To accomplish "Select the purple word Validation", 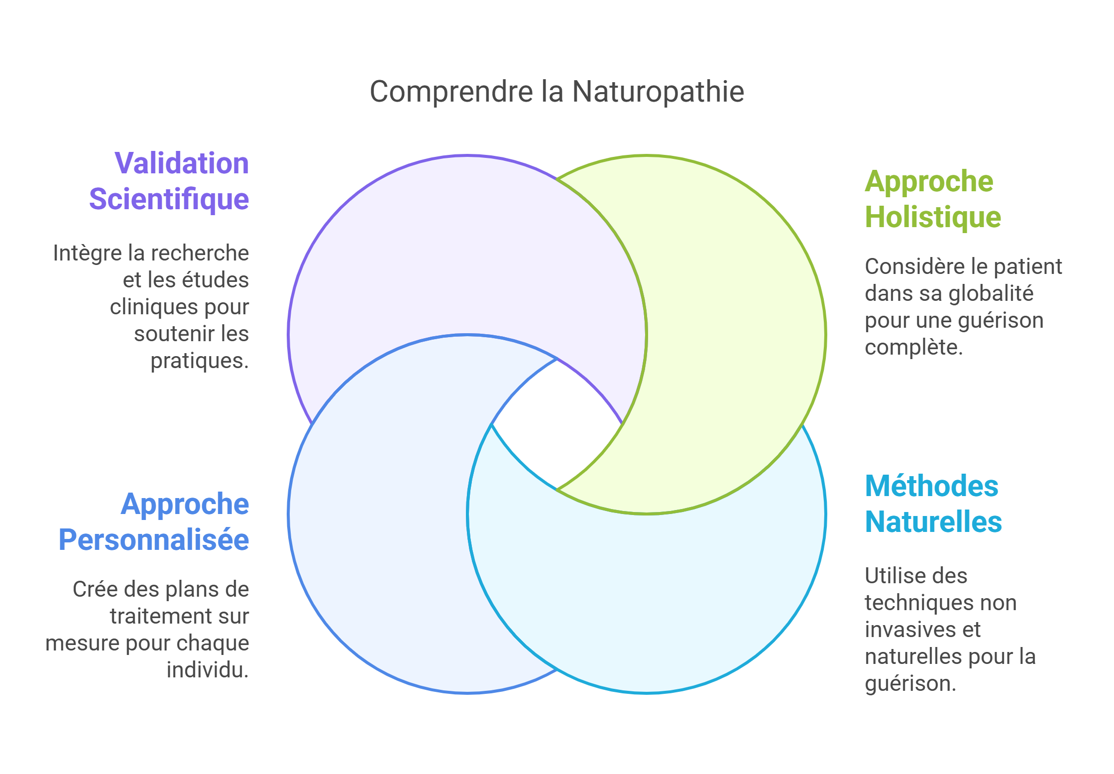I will click(182, 163).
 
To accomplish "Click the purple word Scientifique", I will click(169, 199).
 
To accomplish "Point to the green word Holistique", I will click(932, 217).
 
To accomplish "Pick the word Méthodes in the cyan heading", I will click(931, 486).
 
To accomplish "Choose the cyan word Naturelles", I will click(933, 522).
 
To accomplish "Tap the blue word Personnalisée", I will click(153, 540).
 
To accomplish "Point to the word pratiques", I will click(199, 361).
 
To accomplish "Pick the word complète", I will click(913, 348).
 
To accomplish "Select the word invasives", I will click(905, 630).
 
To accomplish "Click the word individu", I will click(207, 670).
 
